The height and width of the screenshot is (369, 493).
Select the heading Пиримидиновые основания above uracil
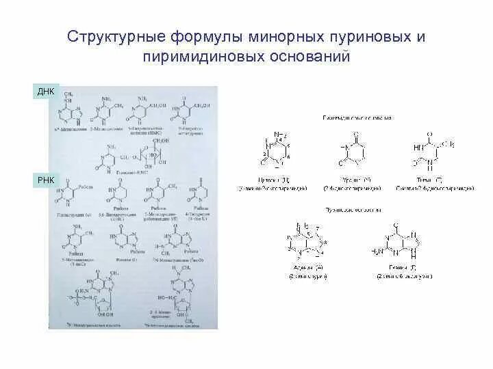[357, 118]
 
